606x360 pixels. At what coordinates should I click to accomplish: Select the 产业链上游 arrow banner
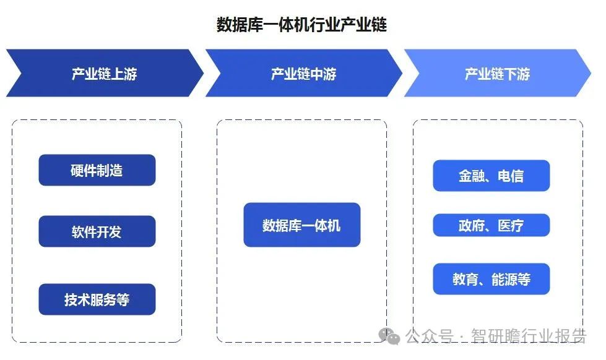104,74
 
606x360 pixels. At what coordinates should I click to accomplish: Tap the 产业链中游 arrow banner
303,74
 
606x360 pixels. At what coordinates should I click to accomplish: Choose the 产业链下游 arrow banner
497,74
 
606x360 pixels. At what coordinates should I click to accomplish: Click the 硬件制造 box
97,170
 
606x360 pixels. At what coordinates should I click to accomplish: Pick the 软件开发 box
97,231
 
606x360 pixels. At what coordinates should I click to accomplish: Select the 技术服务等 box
97,299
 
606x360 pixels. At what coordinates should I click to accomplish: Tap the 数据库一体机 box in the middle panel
301,225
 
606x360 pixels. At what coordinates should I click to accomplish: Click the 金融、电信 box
491,176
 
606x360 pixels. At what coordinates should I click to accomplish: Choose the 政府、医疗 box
491,225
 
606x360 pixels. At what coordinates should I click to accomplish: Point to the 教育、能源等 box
491,279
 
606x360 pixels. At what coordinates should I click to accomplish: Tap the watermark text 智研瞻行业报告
529,336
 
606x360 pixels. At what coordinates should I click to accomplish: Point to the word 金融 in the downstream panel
471,176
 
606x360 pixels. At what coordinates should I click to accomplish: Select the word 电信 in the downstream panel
511,176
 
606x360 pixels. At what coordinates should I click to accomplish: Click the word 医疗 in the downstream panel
511,225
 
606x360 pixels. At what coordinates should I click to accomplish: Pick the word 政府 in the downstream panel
471,225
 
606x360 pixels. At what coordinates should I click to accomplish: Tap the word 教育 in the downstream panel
465,279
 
